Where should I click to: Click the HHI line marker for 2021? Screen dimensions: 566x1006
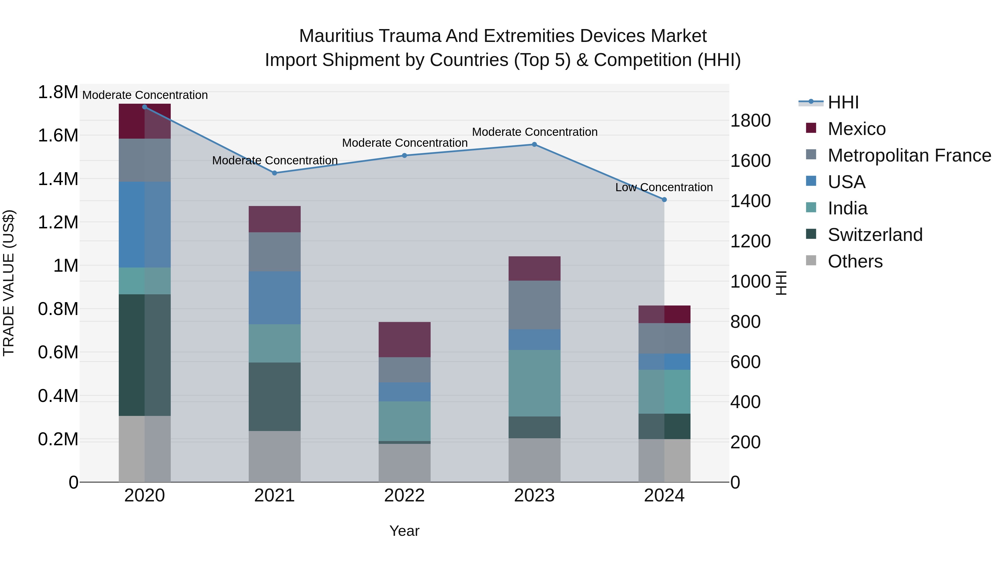tap(274, 173)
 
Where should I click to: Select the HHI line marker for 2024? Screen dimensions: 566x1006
tap(664, 200)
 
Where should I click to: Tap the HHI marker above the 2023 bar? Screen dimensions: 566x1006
tap(534, 145)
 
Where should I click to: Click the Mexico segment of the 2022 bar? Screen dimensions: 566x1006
tap(405, 339)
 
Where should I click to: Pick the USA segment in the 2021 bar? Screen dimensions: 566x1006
tap(274, 298)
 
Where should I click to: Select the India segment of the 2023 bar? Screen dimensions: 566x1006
tap(534, 383)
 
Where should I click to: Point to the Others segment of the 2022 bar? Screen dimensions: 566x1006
tap(405, 463)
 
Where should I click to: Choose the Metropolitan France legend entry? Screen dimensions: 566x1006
tap(909, 155)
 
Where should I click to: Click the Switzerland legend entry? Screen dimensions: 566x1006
tap(875, 235)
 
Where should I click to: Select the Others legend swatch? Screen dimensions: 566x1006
tap(811, 260)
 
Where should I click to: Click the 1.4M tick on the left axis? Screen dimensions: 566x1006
tap(58, 179)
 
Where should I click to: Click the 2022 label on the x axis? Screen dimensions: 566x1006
tap(405, 496)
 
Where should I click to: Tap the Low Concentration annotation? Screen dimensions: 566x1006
tap(664, 188)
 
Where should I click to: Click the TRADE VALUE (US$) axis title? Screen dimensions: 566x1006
tap(9, 283)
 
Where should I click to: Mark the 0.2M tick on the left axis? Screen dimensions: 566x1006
tap(58, 439)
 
